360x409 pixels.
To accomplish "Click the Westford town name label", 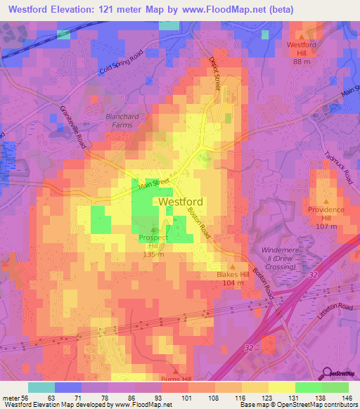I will tap(181, 202).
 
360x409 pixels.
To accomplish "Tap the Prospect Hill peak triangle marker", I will tap(154, 229).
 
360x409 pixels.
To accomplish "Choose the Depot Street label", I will tap(215, 74).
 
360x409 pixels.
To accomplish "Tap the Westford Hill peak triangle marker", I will tap(302, 37).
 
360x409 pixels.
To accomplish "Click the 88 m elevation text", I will tap(302, 61).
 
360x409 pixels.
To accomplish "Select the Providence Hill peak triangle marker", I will tap(326, 202).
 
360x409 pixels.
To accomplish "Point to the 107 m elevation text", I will tap(326, 226).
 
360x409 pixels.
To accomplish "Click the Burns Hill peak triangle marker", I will tap(176, 370).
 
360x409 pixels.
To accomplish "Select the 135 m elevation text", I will tap(153, 254).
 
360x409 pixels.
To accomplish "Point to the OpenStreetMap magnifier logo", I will tap(335, 374).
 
